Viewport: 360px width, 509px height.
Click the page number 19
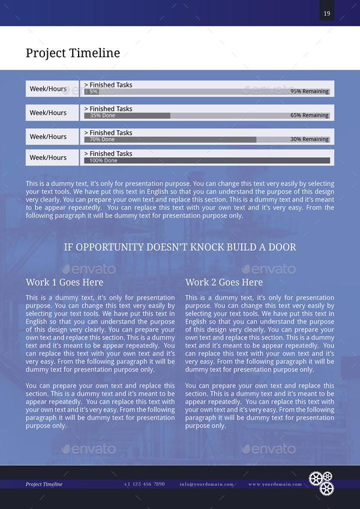[326, 14]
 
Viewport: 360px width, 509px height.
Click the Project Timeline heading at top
[73, 53]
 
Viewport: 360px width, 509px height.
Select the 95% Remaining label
[310, 92]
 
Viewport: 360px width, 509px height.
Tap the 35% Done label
[103, 115]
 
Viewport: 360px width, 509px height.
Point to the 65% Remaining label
[310, 115]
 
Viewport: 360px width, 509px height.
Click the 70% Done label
[102, 139]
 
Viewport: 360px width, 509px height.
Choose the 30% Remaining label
[310, 139]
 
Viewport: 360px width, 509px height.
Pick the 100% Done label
[104, 161]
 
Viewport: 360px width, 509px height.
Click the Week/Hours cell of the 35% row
[48, 113]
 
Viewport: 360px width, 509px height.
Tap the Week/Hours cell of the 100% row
[48, 157]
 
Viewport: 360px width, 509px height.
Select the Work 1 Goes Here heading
[64, 282]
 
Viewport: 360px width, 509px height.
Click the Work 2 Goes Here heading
[224, 282]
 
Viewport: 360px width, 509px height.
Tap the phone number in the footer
[144, 484]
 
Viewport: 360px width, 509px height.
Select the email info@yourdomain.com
[206, 484]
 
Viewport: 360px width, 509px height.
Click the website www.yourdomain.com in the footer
[275, 484]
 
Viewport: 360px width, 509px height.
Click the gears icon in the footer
[321, 482]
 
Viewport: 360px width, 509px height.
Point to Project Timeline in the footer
[44, 484]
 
